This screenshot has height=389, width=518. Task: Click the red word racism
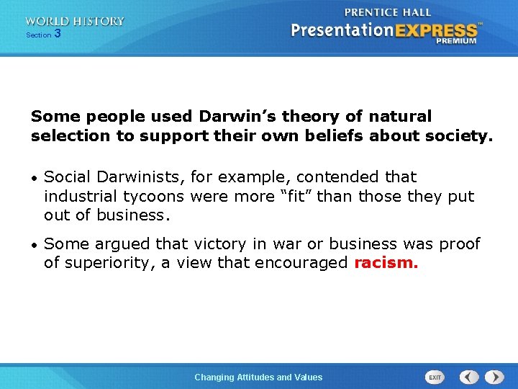(386, 263)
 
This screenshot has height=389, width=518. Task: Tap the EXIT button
(435, 377)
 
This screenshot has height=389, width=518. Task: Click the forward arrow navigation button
(494, 377)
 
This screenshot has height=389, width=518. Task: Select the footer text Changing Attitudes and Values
(258, 377)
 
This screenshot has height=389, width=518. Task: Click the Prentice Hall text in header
(388, 12)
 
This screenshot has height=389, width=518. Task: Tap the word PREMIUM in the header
(455, 42)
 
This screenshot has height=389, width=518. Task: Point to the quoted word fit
(293, 196)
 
